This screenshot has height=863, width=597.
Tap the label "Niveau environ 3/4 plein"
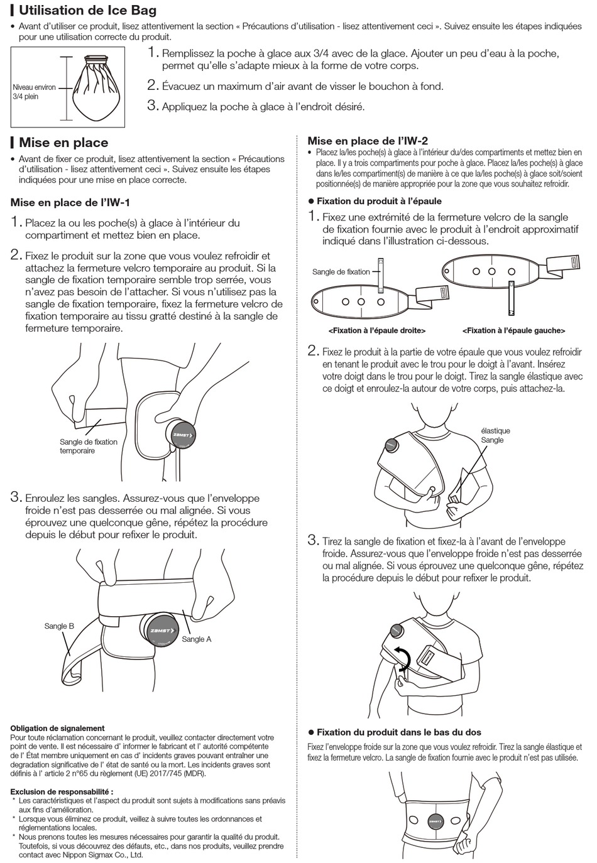point(34,92)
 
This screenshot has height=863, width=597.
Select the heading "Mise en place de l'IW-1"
point(70,202)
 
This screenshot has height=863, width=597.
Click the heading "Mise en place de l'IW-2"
point(368,141)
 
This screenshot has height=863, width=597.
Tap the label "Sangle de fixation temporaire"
point(89,446)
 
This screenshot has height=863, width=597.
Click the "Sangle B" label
point(59,626)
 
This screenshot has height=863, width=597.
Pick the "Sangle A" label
point(196,639)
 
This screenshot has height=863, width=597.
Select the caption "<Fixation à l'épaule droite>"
point(376,330)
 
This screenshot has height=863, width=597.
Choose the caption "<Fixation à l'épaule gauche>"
point(513,330)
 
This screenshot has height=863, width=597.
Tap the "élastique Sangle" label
point(495,435)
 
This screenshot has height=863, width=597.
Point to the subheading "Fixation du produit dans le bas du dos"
point(398,732)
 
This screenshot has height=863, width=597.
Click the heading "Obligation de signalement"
point(57,728)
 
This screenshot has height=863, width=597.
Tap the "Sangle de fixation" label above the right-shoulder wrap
point(341,272)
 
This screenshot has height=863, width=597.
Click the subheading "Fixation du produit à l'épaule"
point(378,201)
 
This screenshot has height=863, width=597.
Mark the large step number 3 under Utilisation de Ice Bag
point(152,106)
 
